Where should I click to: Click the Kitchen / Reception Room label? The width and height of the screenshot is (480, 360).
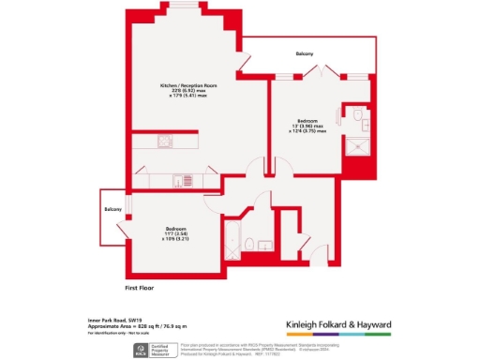click(181, 84)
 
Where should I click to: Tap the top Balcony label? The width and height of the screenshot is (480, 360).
click(302, 53)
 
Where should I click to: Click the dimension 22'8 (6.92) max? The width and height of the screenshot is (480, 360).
click(181, 91)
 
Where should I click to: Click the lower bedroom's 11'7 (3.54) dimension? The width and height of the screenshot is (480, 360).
click(175, 236)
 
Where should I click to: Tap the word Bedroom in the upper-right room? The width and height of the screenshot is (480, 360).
click(307, 120)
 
